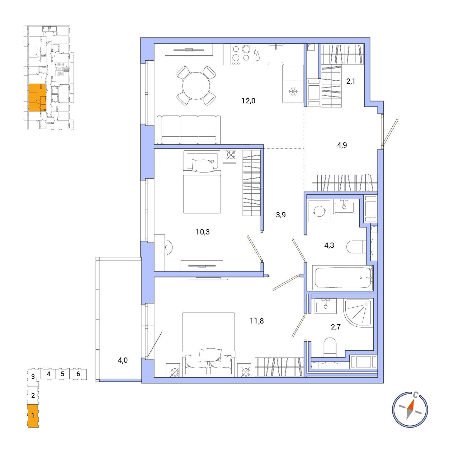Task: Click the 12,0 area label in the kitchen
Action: coord(248,101)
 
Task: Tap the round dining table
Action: coord(196,86)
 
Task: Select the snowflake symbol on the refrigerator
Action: coord(293,91)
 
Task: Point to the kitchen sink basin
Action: coord(276,54)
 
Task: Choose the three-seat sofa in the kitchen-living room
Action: coord(189,130)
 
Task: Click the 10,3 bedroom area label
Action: coord(203,232)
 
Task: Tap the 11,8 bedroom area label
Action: coord(257,321)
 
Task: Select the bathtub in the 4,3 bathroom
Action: coord(343,278)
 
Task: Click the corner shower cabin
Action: coord(358,313)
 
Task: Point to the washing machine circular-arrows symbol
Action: coord(319,211)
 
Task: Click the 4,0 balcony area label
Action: coord(123,360)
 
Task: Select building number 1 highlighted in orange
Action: coord(33,416)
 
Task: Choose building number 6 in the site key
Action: coord(78,374)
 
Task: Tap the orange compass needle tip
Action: coord(414,400)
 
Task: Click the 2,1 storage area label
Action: coord(351,82)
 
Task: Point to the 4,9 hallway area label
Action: coord(342,145)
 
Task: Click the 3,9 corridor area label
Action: coord(281,215)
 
